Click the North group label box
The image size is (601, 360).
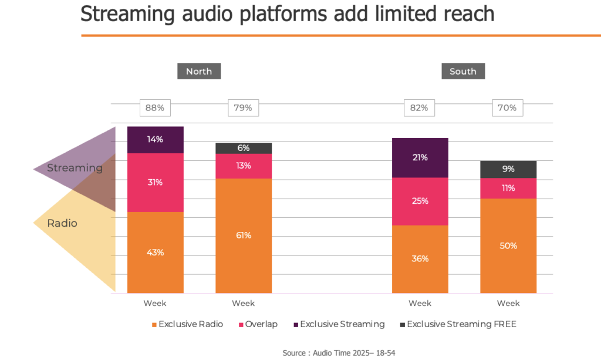[199, 72]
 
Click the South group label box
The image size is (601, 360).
[463, 72]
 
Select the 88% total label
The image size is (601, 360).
[155, 108]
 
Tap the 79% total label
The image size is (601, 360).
[243, 108]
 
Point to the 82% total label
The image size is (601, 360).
[420, 108]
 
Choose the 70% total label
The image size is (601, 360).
[508, 108]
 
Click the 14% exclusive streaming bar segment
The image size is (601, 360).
[156, 140]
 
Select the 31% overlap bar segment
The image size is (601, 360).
[156, 183]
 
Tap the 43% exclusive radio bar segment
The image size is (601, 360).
[156, 253]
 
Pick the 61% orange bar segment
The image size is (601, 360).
[244, 235]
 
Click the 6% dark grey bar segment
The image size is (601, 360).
[244, 149]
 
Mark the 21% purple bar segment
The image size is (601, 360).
[420, 157]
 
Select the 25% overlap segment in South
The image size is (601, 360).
[420, 201]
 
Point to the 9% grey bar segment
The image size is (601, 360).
[508, 169]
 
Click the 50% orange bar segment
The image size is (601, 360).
[508, 245]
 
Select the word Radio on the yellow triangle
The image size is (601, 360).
[62, 223]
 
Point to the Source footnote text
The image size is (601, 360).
[341, 352]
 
